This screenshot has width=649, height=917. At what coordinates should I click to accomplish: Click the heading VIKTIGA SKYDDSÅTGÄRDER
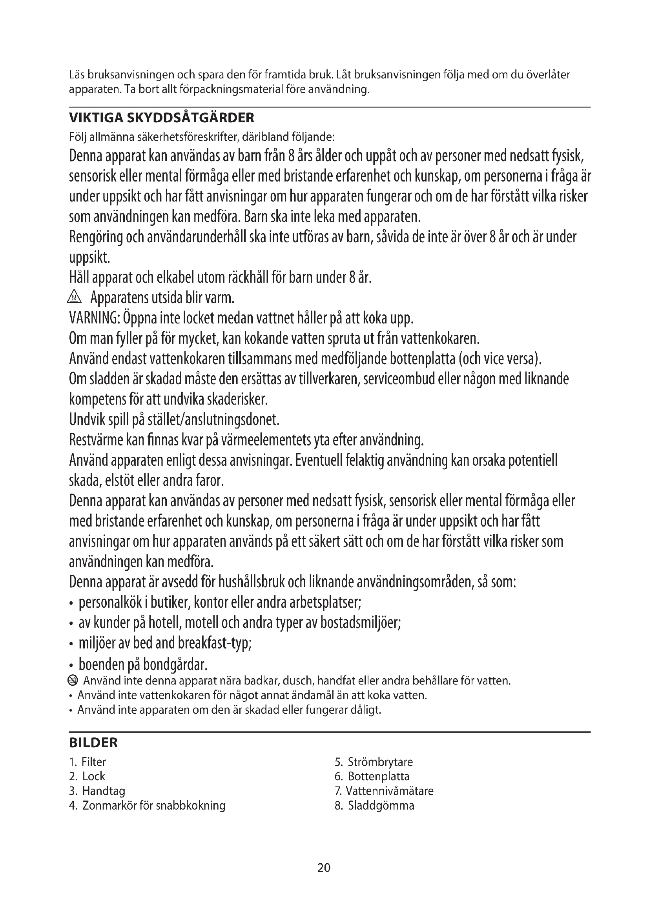[161, 118]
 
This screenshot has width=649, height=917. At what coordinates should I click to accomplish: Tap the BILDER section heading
[93, 743]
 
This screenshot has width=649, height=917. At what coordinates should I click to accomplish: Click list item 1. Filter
[88, 762]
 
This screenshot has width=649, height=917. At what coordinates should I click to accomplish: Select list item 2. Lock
[88, 776]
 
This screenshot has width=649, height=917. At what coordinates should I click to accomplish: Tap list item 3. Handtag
[97, 791]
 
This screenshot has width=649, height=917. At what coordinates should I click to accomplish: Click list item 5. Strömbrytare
[374, 762]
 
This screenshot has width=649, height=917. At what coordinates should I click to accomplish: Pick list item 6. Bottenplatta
[372, 776]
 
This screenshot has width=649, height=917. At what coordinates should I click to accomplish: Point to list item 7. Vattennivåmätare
[384, 791]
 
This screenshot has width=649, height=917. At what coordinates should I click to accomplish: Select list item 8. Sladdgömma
[374, 805]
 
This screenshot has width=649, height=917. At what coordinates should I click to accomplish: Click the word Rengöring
[95, 237]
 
